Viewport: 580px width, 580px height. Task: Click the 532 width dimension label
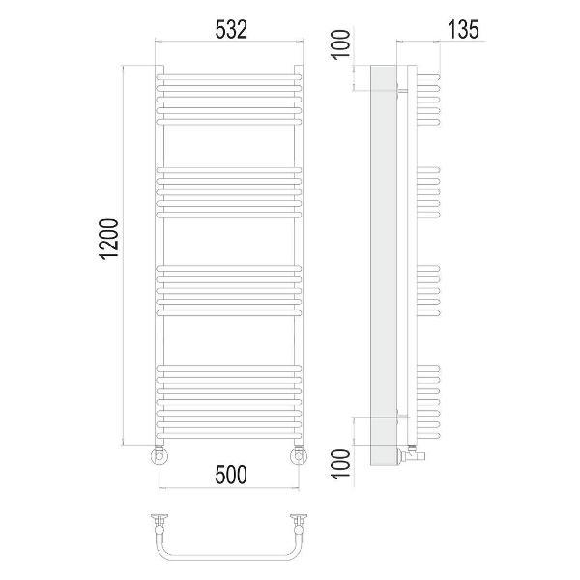point(231,30)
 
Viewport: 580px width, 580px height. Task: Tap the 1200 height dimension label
point(110,240)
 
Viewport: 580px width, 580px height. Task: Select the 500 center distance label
point(231,475)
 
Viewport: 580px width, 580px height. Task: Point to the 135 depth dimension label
point(463,30)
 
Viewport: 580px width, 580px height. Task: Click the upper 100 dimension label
point(340,44)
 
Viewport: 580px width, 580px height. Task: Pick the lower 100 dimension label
point(340,464)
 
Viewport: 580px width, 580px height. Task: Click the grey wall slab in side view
point(384,265)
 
